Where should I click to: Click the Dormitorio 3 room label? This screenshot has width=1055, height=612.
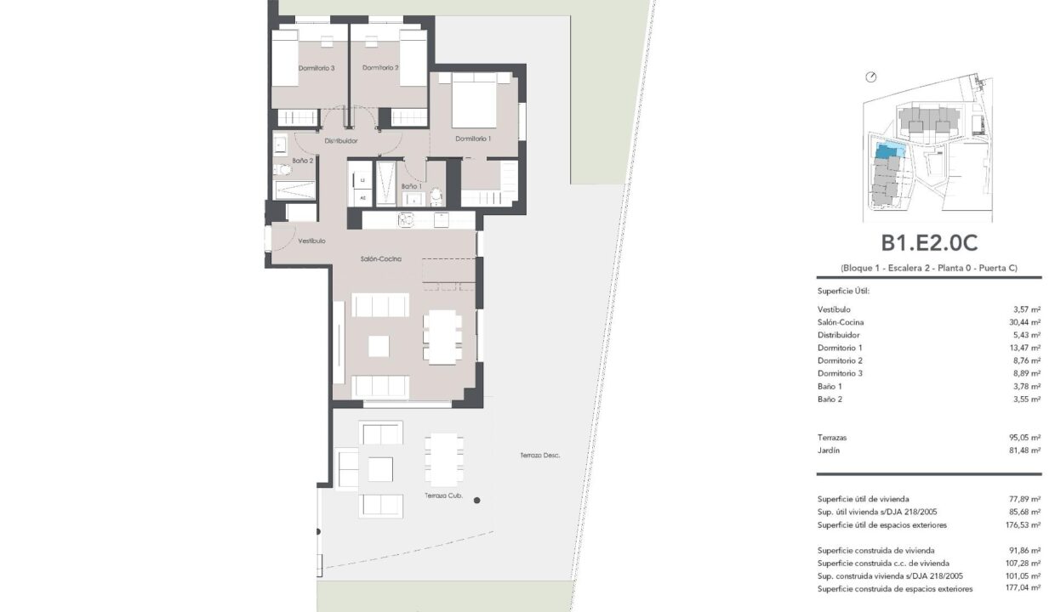click(x=316, y=68)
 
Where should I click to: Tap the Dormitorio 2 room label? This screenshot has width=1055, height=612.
click(x=380, y=68)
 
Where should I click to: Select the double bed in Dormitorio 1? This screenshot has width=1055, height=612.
click(x=474, y=100)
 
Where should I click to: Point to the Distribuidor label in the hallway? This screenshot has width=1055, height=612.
click(x=341, y=140)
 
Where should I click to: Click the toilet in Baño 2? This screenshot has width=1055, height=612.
click(x=282, y=170)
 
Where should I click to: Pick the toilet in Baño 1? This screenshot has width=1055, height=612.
click(x=436, y=196)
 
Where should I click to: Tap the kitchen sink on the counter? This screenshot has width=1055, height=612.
click(x=406, y=219)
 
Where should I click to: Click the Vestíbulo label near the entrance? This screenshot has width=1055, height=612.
click(x=311, y=241)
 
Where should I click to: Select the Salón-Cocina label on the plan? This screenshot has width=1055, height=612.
click(x=381, y=258)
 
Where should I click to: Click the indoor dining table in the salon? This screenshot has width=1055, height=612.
click(x=442, y=337)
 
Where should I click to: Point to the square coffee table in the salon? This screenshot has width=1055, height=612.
click(x=379, y=346)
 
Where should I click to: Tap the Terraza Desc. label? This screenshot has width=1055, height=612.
click(x=539, y=456)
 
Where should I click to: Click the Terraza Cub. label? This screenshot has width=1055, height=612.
click(x=443, y=496)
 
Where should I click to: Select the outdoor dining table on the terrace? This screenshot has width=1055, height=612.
click(x=443, y=460)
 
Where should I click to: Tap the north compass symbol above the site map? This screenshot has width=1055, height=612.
click(x=871, y=77)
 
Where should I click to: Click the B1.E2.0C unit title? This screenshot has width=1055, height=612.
click(x=929, y=243)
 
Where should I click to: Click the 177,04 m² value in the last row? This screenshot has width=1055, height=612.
click(x=1023, y=587)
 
